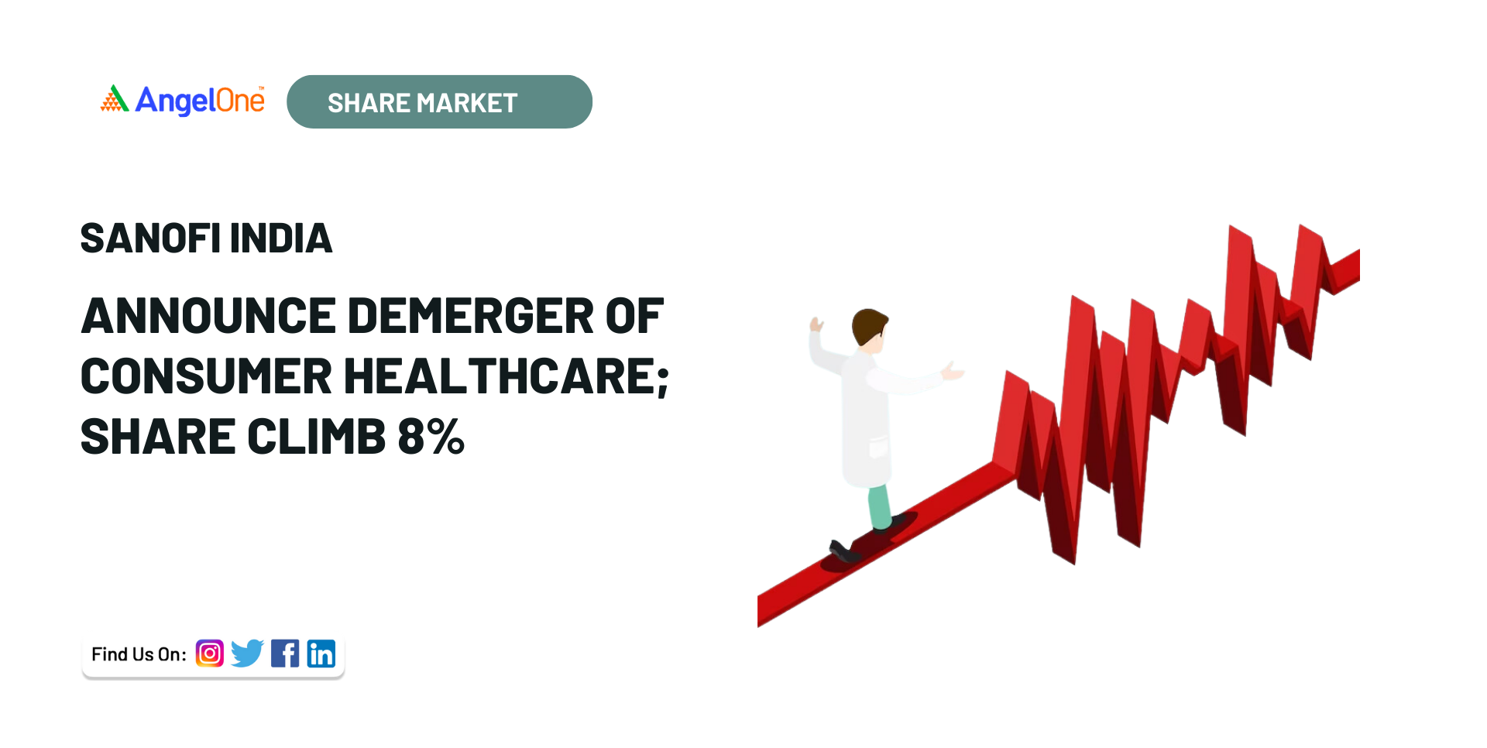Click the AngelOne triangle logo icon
(114, 99)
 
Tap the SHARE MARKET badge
(439, 101)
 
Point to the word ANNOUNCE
(208, 316)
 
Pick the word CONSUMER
(206, 376)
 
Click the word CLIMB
(316, 437)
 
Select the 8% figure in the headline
(431, 437)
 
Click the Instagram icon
(210, 654)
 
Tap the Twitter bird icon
(247, 654)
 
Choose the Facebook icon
(285, 654)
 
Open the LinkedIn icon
(321, 654)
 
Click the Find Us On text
(139, 654)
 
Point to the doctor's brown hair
(867, 325)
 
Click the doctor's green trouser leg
(879, 506)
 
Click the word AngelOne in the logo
(200, 100)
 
